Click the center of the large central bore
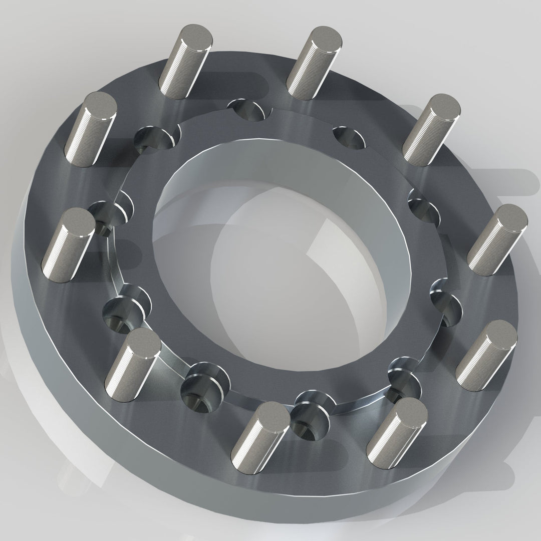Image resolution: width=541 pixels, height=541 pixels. (x=281, y=265)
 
